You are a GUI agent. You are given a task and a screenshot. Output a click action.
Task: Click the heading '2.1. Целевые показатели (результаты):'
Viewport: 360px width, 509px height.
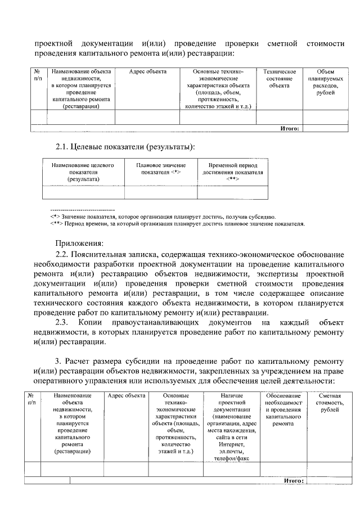click(x=125, y=147)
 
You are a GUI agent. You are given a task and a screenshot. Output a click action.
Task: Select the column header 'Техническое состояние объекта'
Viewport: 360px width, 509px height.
click(x=280, y=79)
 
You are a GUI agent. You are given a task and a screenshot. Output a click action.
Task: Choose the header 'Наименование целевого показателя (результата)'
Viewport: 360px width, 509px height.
click(x=83, y=172)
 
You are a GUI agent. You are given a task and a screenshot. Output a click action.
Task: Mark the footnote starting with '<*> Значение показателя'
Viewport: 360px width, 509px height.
click(x=163, y=216)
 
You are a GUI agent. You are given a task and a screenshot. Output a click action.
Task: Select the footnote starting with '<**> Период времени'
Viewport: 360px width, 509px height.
click(x=177, y=223)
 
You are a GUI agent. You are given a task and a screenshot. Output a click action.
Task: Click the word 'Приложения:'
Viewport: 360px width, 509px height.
click(x=79, y=243)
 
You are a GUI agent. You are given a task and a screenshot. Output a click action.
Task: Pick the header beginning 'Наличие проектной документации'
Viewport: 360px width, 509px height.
click(x=231, y=427)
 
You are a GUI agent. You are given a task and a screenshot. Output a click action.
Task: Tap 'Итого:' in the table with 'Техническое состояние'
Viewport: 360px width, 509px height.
click(x=289, y=128)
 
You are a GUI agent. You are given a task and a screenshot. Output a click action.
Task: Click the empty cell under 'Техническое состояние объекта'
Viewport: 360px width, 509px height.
click(x=280, y=116)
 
